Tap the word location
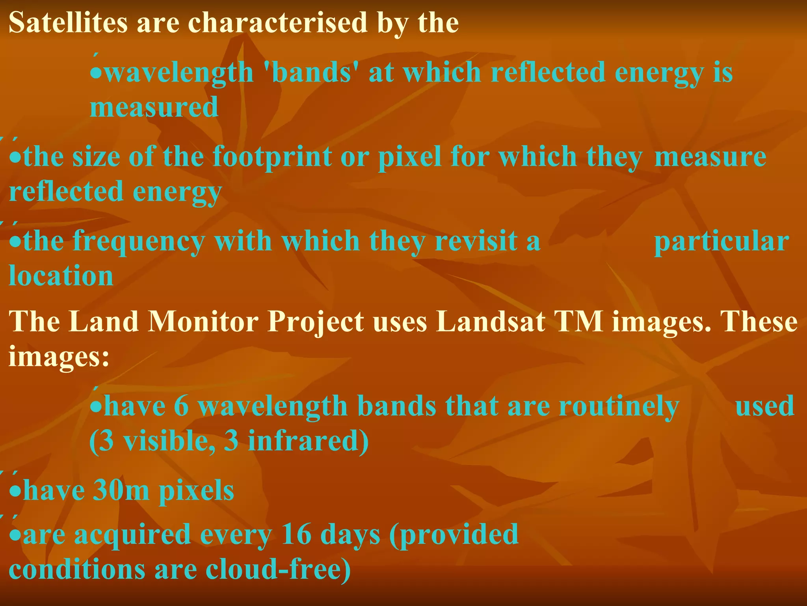click(x=61, y=275)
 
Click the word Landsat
click(x=491, y=321)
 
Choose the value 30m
click(x=121, y=490)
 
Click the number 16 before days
click(x=296, y=534)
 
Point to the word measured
click(x=154, y=107)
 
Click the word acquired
click(x=132, y=535)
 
